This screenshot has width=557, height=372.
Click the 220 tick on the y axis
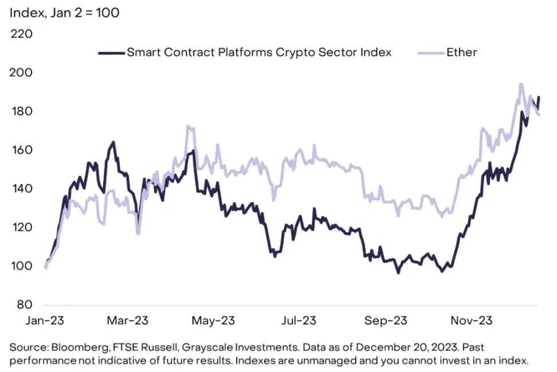tap(21, 34)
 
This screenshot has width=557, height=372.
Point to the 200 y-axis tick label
tap(21, 73)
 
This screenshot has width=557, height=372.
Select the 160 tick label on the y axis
tap(21, 150)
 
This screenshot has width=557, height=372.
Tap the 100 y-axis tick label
tap(21, 266)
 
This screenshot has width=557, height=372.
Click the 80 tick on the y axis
tap(25, 305)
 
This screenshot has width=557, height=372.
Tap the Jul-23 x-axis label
tap(299, 320)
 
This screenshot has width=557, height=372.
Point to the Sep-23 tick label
tap(385, 320)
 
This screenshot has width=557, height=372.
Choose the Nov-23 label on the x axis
tap(470, 320)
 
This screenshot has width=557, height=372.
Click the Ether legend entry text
tap(461, 52)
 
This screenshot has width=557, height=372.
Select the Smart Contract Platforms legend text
tap(259, 52)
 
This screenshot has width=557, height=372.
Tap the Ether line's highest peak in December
tap(520, 84)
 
